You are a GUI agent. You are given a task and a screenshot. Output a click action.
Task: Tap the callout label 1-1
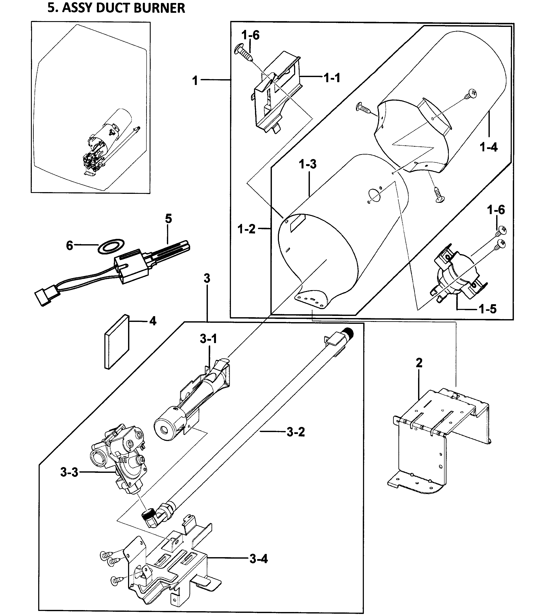coord(332,78)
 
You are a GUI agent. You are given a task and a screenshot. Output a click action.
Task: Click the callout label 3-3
coord(69,472)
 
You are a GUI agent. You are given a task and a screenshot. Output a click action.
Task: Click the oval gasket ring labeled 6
coord(111,246)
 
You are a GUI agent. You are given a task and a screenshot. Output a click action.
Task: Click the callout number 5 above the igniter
coord(168,219)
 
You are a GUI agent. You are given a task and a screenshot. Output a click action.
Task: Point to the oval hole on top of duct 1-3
coord(374,195)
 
